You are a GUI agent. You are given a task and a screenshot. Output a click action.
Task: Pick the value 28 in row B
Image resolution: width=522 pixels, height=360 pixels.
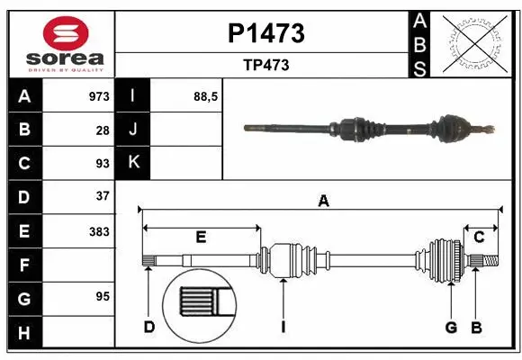pos(103,130)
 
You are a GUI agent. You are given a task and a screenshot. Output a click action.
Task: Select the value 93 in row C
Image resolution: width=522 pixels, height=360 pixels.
pos(103,163)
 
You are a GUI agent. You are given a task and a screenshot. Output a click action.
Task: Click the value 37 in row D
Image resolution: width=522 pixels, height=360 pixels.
pos(103,196)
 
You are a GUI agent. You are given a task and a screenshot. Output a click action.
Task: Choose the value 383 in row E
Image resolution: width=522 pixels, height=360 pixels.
pos(99,231)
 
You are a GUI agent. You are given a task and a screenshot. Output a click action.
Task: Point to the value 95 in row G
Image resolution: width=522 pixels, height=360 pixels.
pos(103,296)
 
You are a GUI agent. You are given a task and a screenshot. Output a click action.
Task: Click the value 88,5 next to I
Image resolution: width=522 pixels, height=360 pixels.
pos(207,96)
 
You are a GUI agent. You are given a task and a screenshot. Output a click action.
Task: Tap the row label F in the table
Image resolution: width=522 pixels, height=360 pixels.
pos(24,265)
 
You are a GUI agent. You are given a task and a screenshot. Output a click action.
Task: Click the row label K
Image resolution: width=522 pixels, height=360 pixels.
pos(133,163)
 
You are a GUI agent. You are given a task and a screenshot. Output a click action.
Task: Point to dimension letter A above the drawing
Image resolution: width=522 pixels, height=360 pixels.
pos(322,202)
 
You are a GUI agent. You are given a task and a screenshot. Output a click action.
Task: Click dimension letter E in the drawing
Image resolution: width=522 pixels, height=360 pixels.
pos(201,238)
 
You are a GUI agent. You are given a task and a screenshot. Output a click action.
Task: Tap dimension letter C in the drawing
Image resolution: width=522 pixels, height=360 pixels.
pos(479,238)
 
